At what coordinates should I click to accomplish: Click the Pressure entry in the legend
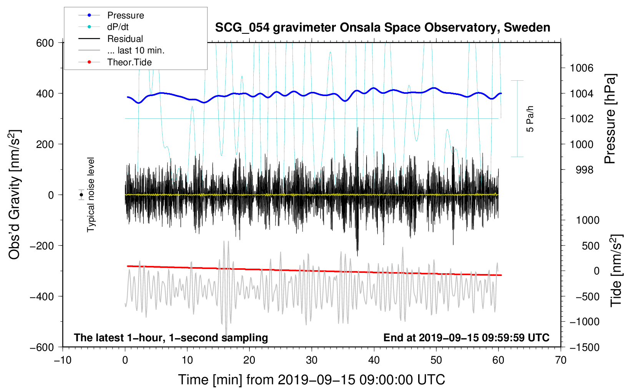[125, 15]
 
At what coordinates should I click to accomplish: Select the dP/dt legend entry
[118, 27]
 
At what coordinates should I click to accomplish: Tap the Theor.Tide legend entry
[129, 62]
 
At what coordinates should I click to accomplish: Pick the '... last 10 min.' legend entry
[136, 50]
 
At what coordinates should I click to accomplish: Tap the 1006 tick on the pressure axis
[582, 68]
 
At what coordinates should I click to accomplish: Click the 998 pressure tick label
[584, 169]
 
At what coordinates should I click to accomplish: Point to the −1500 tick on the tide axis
[584, 347]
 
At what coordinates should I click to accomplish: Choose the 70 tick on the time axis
[560, 360]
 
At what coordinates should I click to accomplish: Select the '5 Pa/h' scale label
[530, 118]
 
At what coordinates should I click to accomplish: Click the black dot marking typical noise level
[81, 195]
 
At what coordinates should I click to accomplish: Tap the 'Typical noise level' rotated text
[91, 194]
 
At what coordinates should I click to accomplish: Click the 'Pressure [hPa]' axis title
[610, 119]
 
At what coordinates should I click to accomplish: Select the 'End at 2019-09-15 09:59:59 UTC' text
[466, 337]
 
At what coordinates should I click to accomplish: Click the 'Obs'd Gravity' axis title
[15, 194]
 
